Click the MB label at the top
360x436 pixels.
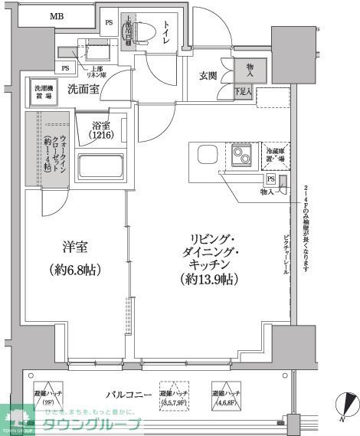57,16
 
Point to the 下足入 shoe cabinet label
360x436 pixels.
243,92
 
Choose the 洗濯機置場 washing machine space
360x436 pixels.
44,91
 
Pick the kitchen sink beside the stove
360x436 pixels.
208,154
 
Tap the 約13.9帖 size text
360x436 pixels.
209,280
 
